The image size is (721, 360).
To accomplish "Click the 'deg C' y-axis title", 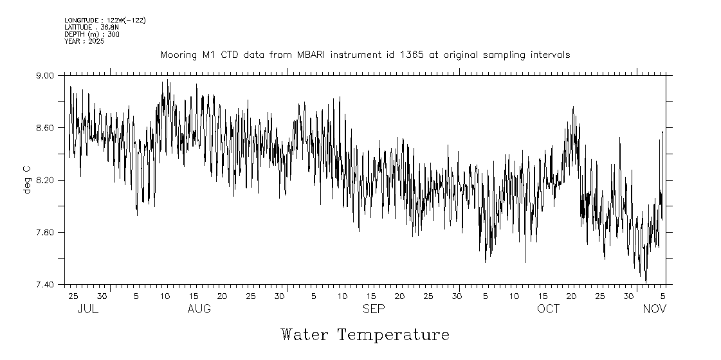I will tap(27, 179).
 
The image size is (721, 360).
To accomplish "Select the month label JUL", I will tap(87, 309).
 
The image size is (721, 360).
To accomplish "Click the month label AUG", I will tap(199, 309).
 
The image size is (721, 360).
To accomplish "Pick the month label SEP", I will tap(374, 309).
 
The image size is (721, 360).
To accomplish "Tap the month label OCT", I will tap(549, 309).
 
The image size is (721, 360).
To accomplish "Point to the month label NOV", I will tap(655, 309).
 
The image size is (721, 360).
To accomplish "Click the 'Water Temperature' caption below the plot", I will tap(365, 335).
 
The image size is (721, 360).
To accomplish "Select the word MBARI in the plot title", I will tap(312, 55).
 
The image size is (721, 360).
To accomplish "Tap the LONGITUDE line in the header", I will tap(105, 21).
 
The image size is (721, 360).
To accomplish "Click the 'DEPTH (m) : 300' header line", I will tap(92, 34).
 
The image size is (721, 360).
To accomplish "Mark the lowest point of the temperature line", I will tap(646, 282).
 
